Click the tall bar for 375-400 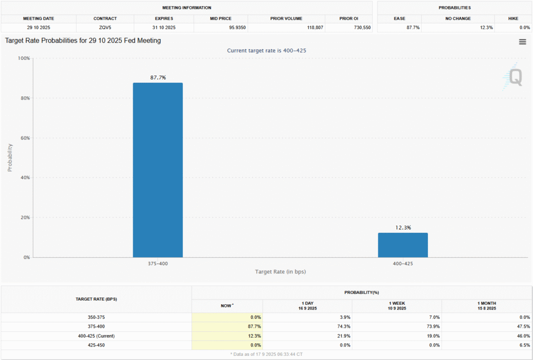(158, 170)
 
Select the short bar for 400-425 (403, 245)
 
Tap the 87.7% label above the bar (158, 78)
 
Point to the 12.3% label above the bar (403, 228)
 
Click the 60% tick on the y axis (25, 138)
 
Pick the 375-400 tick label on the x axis (158, 264)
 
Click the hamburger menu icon (523, 42)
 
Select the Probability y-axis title (10, 157)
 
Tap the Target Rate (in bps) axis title (281, 271)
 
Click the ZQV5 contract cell (105, 28)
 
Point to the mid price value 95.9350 (237, 28)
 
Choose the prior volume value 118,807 (315, 28)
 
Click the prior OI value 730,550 (362, 28)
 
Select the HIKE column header (513, 18)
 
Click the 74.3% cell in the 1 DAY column (345, 326)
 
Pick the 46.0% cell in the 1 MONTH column (524, 336)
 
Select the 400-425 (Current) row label (96, 336)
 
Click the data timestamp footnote (266, 354)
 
